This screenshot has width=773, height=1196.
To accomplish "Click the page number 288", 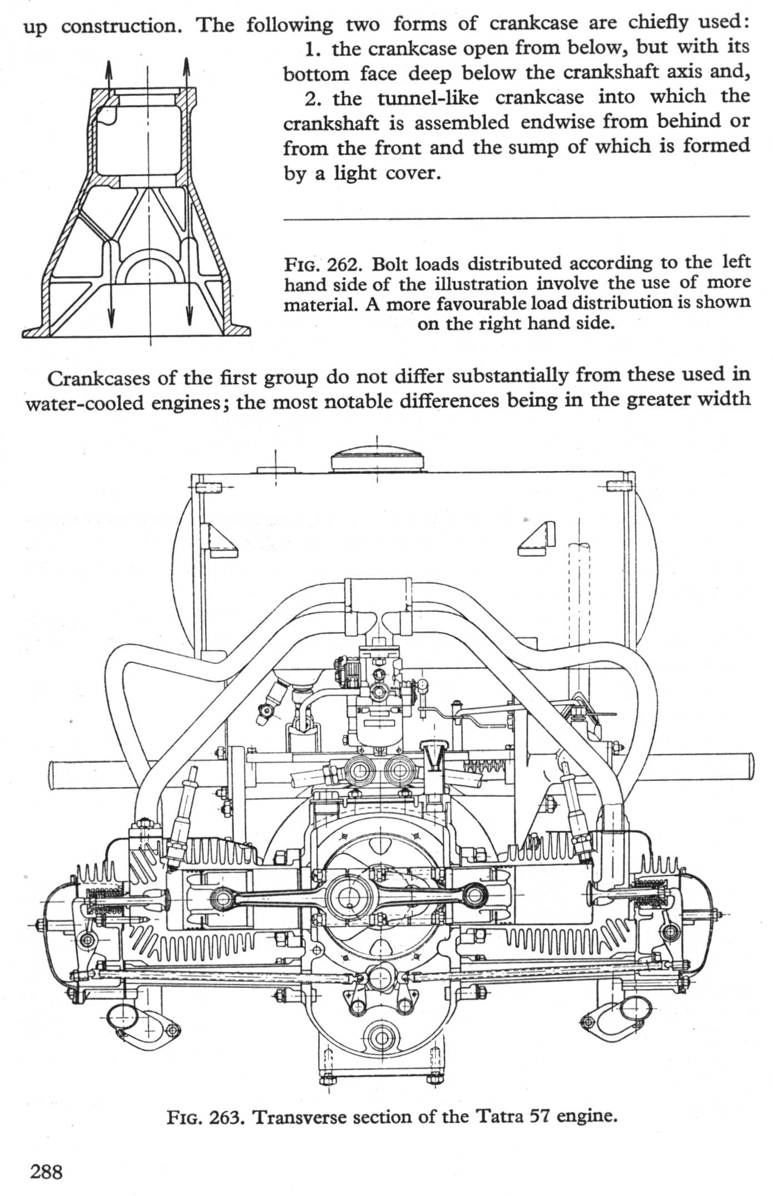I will [x=46, y=1172].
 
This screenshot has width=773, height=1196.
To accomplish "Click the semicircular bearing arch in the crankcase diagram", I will [x=150, y=267].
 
